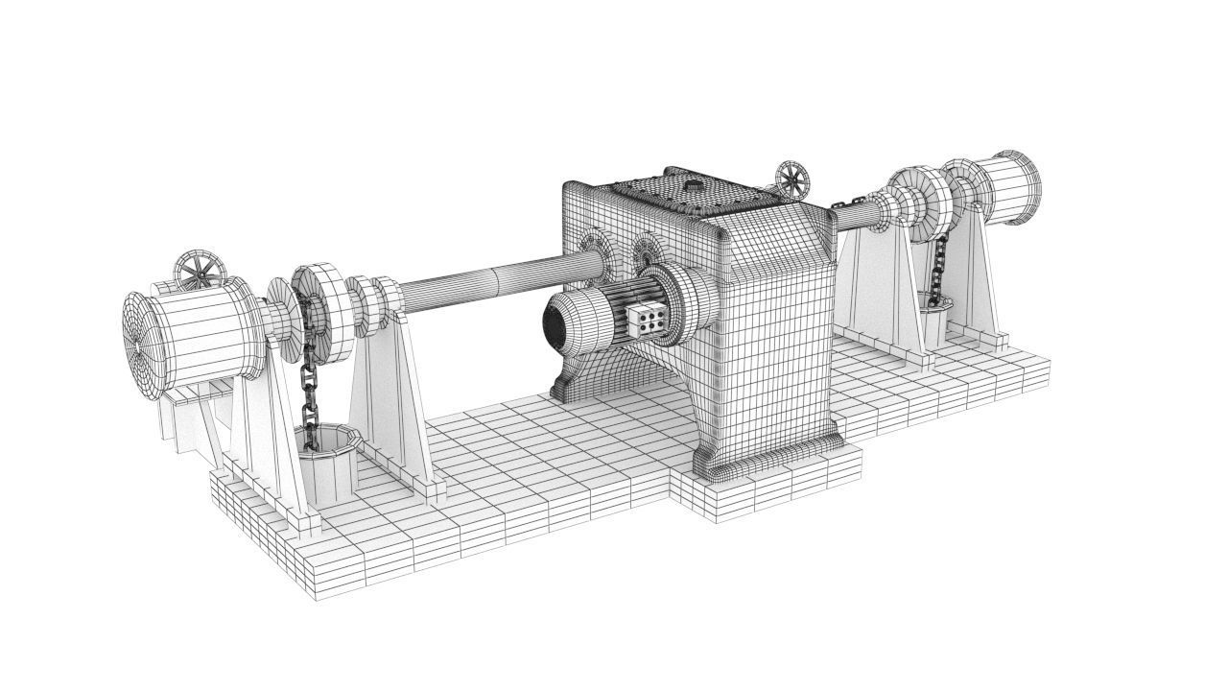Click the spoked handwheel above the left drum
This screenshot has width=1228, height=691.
200,271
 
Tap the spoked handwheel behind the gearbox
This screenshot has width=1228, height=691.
792,179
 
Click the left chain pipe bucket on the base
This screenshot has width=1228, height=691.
325,461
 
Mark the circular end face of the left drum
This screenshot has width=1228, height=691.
141,336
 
